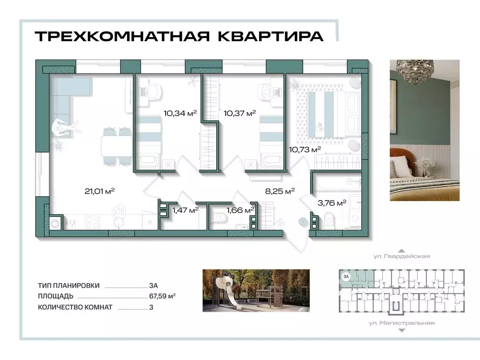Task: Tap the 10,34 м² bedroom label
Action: point(180,112)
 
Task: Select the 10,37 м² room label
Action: point(240,112)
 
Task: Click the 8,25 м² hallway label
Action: point(280,191)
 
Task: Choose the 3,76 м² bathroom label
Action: point(332,202)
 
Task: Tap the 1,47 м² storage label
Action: point(185,210)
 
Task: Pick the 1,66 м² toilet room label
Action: point(240,210)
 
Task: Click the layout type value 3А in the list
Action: point(152,285)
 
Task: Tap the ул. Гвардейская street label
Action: point(401,257)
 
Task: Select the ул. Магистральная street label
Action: point(401,323)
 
